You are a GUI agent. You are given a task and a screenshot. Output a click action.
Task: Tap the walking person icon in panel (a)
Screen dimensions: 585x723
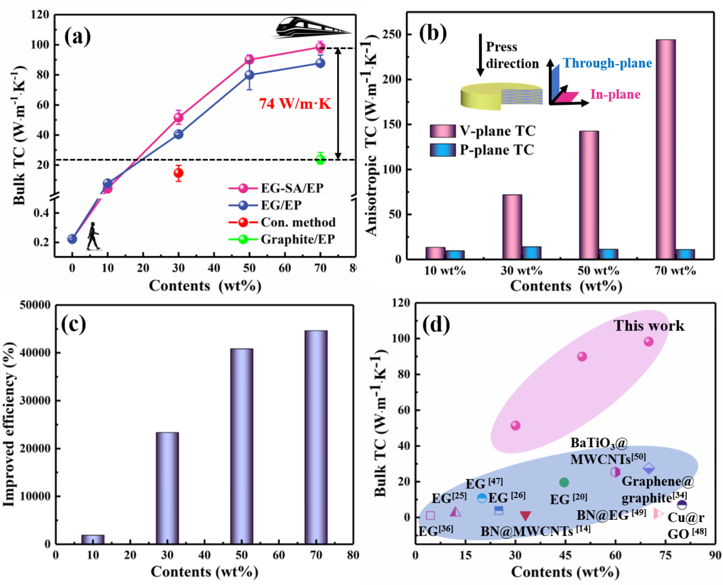pos(93,236)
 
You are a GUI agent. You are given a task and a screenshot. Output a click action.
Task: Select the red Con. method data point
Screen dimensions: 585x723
pos(178,173)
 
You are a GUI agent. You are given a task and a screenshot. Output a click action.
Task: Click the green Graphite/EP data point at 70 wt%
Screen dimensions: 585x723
pos(320,159)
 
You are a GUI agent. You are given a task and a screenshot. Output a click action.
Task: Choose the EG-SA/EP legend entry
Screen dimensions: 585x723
pos(276,188)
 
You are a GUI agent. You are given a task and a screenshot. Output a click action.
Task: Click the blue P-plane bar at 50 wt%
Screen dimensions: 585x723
pos(608,254)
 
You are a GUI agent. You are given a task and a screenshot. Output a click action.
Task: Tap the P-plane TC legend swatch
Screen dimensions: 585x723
pos(442,150)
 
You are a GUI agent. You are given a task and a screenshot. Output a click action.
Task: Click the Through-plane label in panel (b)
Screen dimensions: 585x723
pos(607,63)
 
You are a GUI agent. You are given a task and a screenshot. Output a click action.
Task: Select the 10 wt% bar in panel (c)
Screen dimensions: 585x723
pos(93,540)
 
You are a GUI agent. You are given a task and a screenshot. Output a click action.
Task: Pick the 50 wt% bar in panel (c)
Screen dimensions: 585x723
pos(241,446)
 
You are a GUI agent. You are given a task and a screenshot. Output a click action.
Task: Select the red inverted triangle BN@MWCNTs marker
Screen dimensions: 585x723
pos(525,516)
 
